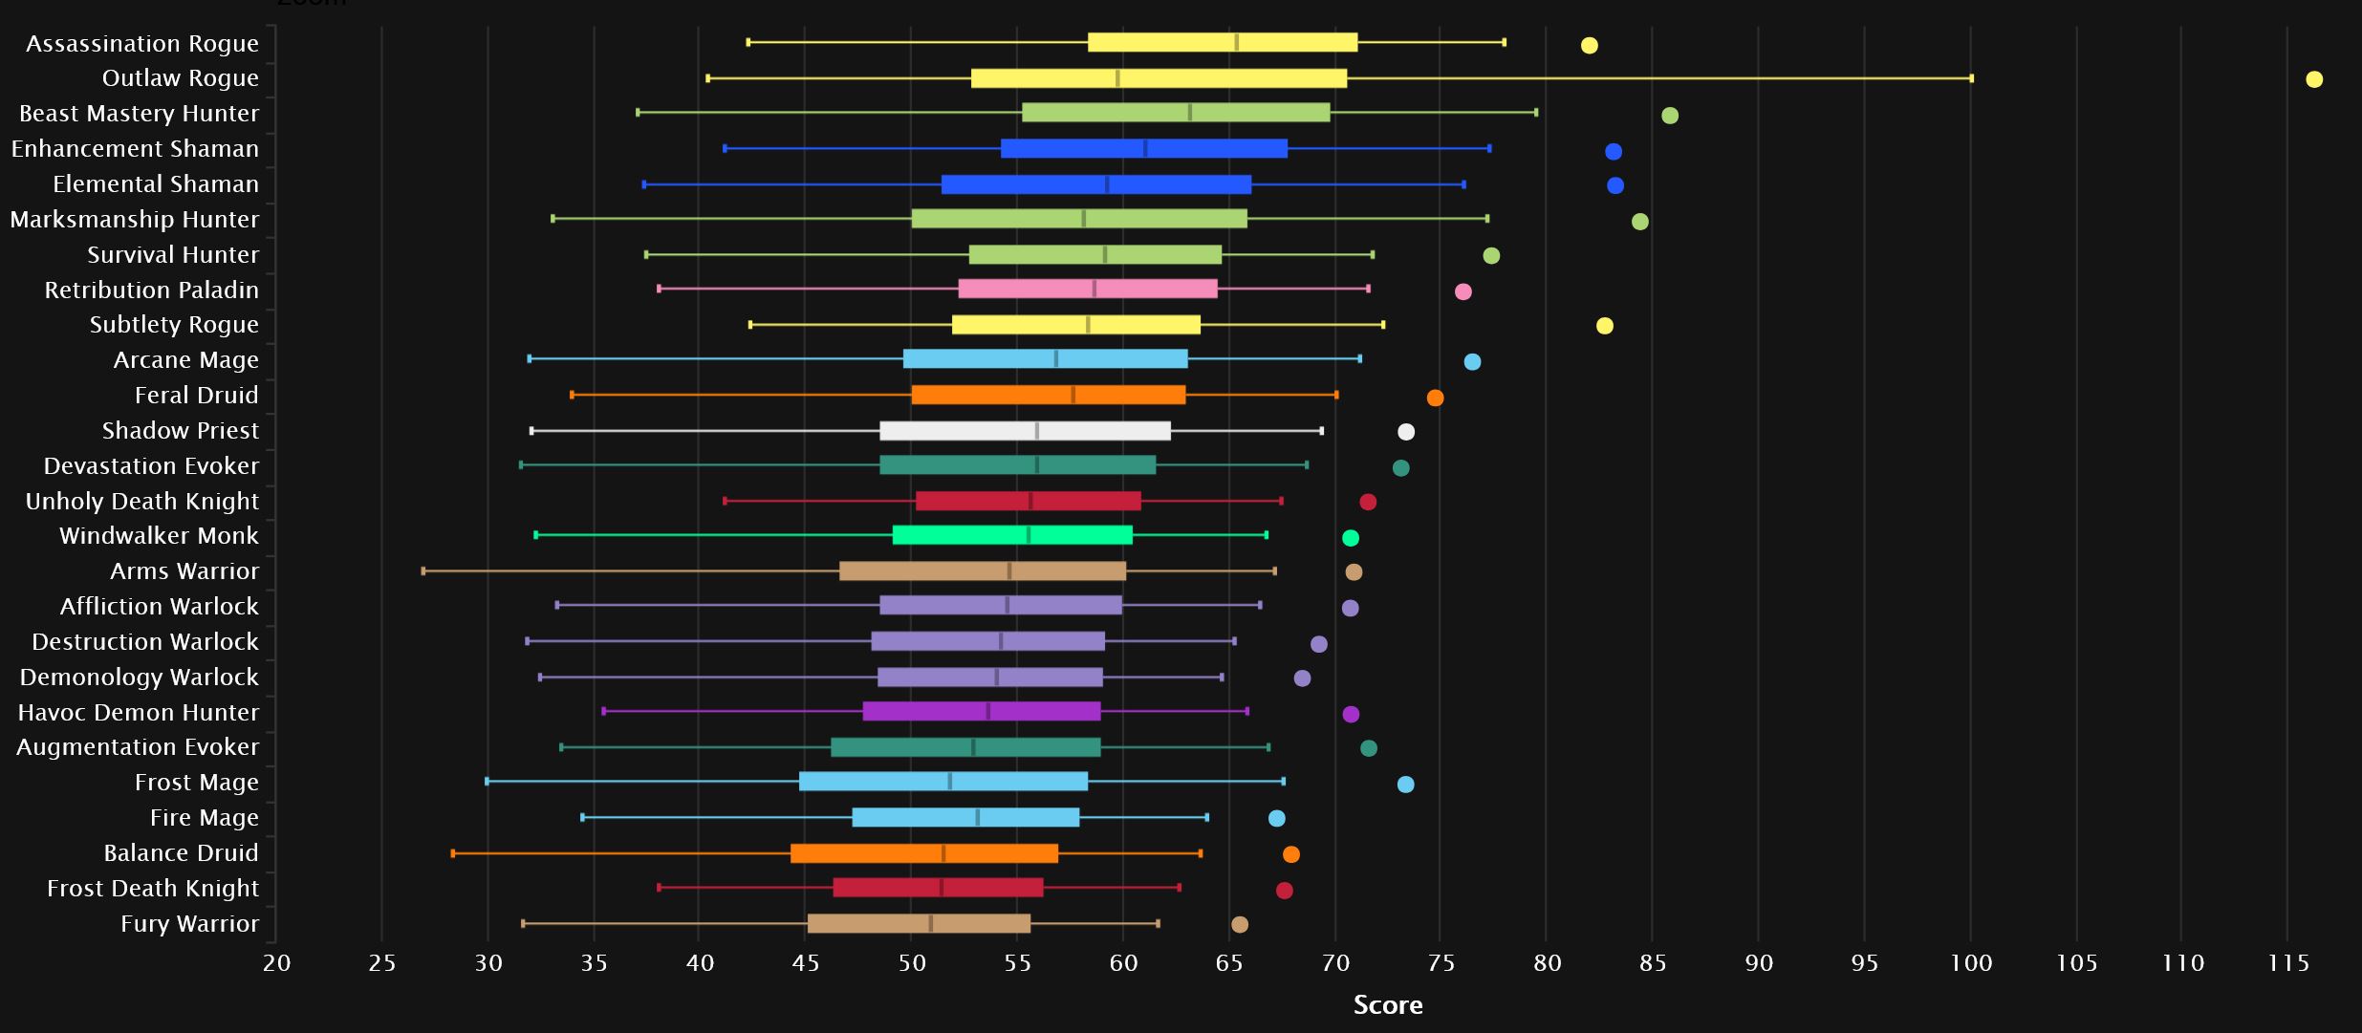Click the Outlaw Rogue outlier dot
click(2314, 79)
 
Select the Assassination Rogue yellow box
click(1222, 42)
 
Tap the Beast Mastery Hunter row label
click(140, 114)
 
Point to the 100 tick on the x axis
click(1971, 963)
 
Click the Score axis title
click(1388, 1005)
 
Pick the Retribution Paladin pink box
click(1088, 289)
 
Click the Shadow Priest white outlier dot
click(1406, 432)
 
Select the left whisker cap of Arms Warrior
click(423, 571)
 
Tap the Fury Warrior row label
click(189, 924)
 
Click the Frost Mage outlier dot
click(1405, 785)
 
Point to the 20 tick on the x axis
click(276, 963)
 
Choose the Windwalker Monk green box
click(1012, 535)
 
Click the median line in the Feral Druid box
click(1073, 395)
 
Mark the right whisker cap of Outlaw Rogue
click(1971, 78)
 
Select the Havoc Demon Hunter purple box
click(982, 711)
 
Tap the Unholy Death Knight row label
click(142, 502)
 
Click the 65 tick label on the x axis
click(1229, 963)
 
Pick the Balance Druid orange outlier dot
click(1291, 854)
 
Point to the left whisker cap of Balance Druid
click(453, 853)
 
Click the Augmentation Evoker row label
click(138, 747)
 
